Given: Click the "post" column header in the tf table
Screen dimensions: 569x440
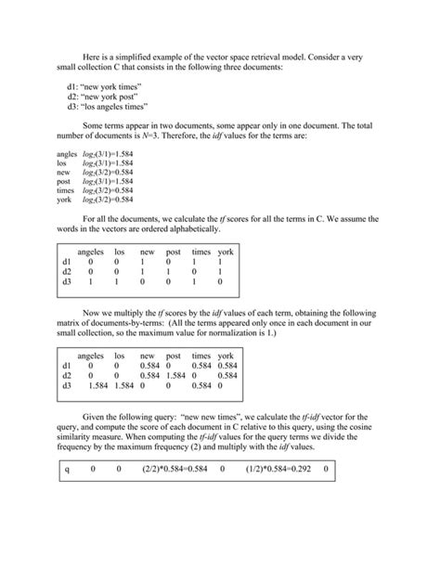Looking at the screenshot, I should click(x=173, y=252).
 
